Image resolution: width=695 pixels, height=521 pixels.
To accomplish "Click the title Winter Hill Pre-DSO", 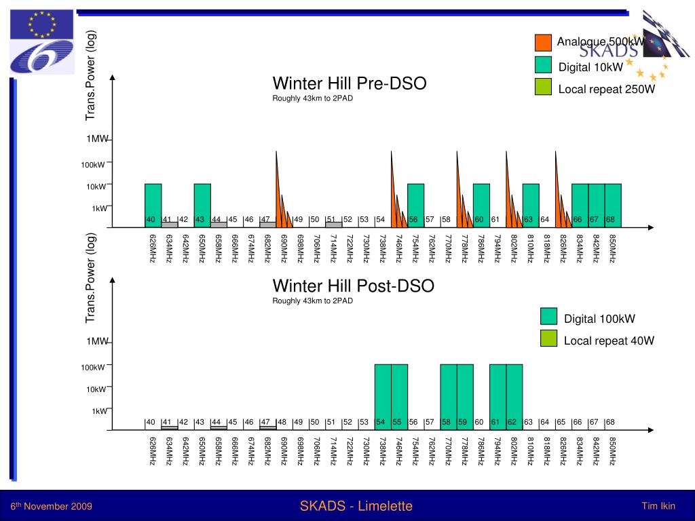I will click(350, 84).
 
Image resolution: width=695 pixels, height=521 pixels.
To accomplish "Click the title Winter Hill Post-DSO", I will click(353, 286).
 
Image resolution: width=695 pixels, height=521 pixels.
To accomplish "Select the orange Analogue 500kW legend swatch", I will click(543, 43).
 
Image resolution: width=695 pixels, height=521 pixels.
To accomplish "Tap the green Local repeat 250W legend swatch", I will click(543, 87).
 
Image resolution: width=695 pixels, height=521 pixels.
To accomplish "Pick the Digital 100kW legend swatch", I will click(548, 316).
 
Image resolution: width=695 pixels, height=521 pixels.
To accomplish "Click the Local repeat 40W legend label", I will click(609, 341).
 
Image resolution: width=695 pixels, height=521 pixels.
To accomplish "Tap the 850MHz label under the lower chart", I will click(613, 451).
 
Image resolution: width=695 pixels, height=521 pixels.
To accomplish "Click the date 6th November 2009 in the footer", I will click(51, 507).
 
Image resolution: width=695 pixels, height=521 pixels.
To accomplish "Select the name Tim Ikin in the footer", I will click(658, 506).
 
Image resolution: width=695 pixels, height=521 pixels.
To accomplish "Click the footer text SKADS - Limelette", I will click(356, 506).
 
